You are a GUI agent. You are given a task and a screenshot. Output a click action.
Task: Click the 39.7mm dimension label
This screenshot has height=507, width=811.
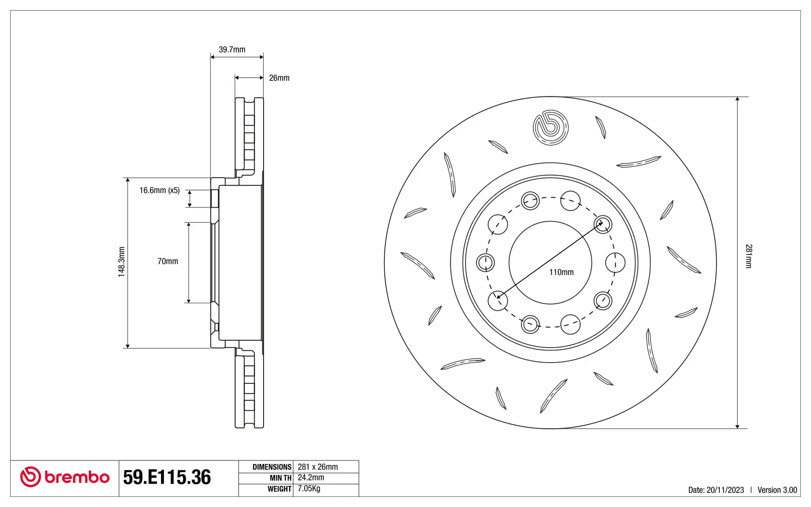(232, 49)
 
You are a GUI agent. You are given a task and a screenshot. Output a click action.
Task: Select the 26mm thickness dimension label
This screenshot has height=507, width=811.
(279, 78)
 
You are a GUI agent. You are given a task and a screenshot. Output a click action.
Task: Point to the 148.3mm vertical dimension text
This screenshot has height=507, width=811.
(122, 262)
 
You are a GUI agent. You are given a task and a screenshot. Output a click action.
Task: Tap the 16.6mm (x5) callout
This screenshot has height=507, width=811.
(160, 191)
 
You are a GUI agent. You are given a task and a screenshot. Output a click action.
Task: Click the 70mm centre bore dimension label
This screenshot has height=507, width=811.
(168, 262)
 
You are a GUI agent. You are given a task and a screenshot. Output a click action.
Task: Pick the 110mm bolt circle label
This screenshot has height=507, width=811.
(561, 273)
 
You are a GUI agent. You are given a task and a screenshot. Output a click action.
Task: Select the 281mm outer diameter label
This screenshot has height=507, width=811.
(748, 256)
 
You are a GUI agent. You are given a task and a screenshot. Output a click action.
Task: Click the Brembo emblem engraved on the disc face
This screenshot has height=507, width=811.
(550, 127)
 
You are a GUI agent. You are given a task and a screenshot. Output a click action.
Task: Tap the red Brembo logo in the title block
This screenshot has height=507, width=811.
(65, 477)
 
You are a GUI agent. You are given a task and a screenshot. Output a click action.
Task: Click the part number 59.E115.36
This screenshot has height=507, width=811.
(167, 477)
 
